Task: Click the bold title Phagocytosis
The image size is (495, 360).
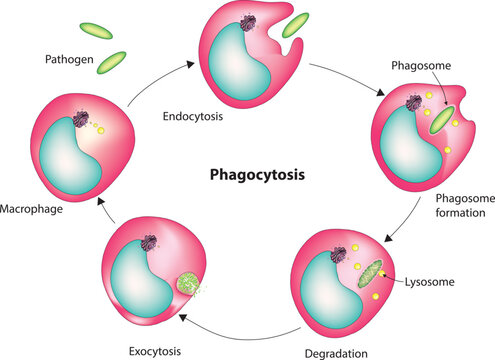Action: pyautogui.click(x=255, y=173)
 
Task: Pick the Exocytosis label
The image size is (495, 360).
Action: pyautogui.click(x=156, y=352)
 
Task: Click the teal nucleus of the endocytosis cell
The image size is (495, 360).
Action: pyautogui.click(x=236, y=59)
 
